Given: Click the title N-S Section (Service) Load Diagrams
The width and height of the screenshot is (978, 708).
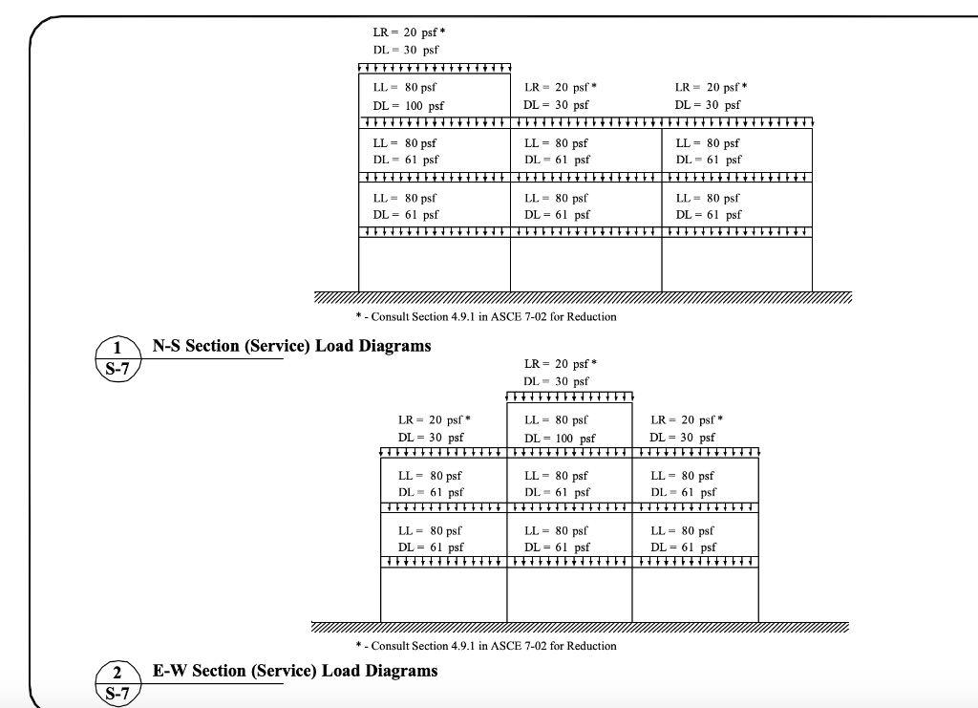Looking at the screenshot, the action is pos(291,346).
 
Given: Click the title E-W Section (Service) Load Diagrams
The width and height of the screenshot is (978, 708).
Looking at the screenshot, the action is pos(295,671).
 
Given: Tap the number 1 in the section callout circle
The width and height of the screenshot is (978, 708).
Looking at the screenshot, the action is pos(117,347).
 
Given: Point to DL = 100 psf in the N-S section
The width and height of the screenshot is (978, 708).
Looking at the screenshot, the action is pos(408,105).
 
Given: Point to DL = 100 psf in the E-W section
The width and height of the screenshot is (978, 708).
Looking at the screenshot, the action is pos(560,438).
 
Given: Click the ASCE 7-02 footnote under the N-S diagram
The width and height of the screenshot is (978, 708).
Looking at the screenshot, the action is pos(485,316).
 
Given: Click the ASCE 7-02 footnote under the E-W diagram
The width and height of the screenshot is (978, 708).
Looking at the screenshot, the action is pos(485,646).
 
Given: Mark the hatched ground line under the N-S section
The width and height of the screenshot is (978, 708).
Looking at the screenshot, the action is pos(583,297).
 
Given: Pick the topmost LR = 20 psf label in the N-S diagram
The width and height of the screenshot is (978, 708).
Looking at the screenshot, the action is pos(408,32).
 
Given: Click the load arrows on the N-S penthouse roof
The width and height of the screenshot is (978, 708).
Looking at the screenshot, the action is pos(435,67).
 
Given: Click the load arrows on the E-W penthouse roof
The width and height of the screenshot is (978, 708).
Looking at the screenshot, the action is pos(569,397).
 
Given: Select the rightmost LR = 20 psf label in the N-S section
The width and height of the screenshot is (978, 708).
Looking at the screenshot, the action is pos(711,87).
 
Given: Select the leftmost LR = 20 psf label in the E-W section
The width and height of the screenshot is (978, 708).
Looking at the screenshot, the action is pos(435,419).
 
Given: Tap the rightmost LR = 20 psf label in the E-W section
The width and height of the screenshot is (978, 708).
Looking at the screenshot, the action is pos(686,419).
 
